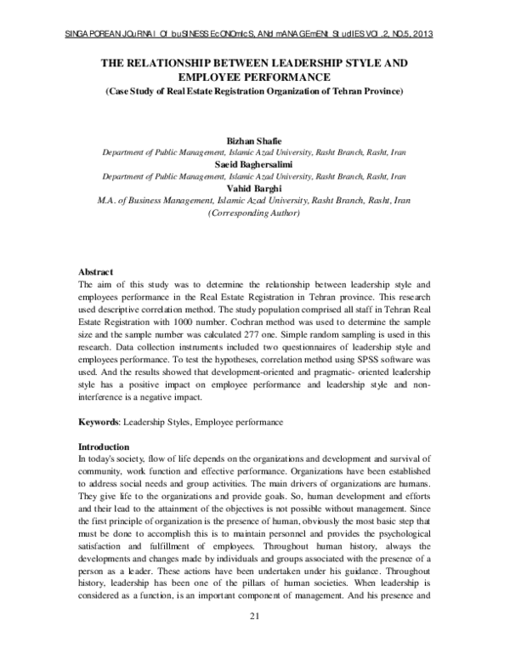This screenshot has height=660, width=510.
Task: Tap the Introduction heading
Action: pos(104,447)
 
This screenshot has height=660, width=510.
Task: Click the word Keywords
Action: pos(99,422)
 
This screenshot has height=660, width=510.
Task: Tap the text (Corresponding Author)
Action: pos(254,214)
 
